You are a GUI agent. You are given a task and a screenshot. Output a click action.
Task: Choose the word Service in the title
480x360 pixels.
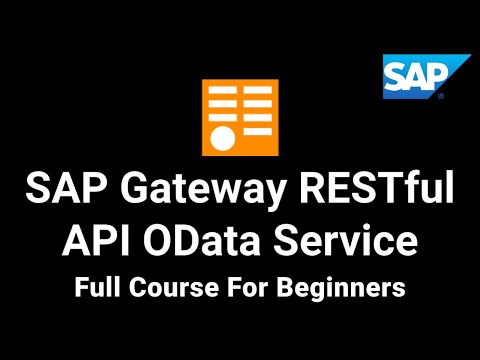pos(345,241)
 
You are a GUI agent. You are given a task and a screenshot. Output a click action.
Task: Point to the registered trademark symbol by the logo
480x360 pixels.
pos(440,98)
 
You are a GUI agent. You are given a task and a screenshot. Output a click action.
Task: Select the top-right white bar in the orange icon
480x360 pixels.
pos(256,92)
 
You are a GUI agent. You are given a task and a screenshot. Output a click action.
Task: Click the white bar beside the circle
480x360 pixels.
pos(256,131)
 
